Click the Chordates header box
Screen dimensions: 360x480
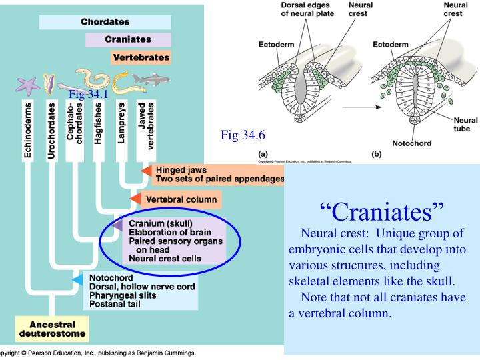[105, 22]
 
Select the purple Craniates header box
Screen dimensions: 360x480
[128, 39]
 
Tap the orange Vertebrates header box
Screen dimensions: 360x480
[141, 57]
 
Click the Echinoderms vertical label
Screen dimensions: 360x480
[28, 129]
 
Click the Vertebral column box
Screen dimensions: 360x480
[181, 199]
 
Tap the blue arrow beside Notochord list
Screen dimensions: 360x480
[77, 279]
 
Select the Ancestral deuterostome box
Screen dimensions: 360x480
[52, 328]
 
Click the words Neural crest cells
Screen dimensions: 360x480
[165, 258]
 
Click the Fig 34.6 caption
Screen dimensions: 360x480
[243, 135]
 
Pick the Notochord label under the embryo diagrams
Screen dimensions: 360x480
[411, 143]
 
